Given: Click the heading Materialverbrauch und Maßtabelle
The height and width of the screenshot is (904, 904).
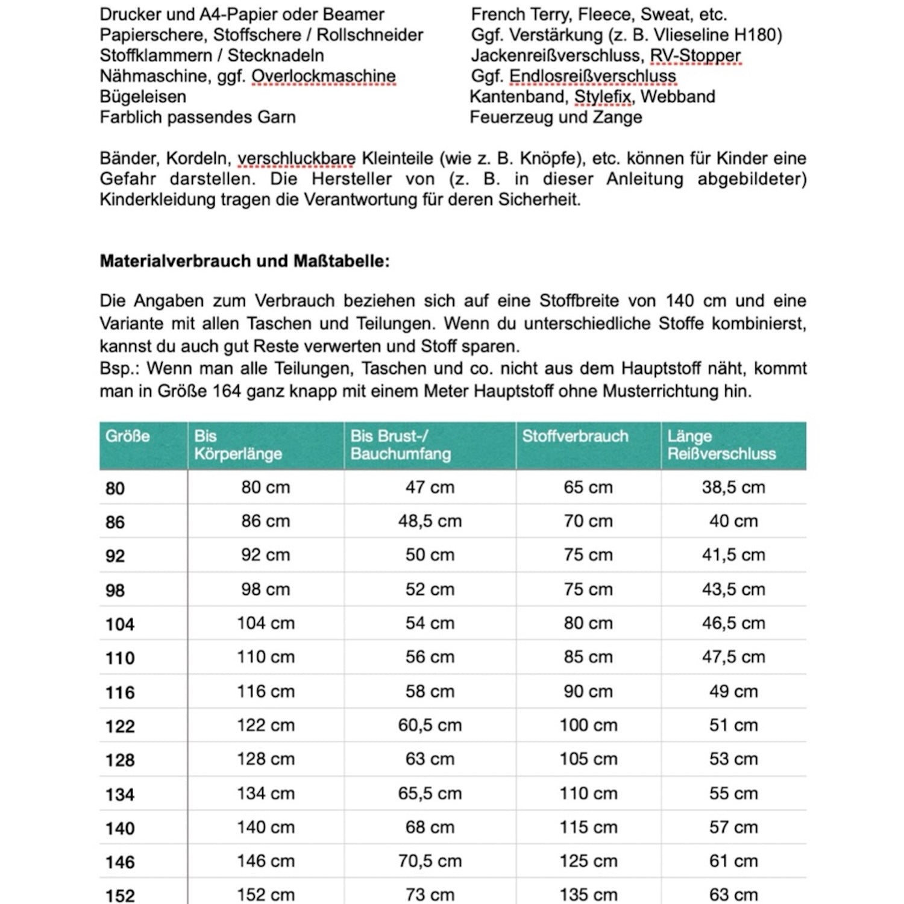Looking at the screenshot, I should tap(245, 261).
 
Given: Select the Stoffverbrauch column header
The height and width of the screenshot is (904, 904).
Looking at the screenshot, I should tap(575, 436).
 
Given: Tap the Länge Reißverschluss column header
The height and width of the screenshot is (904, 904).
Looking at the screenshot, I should tap(721, 445).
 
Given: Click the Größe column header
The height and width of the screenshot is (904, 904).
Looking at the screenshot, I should tap(128, 436).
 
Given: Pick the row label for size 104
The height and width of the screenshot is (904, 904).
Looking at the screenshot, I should tap(120, 624).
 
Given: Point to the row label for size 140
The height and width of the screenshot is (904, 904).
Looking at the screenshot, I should tap(120, 828).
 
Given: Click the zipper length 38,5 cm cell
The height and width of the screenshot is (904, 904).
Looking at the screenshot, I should tap(733, 487).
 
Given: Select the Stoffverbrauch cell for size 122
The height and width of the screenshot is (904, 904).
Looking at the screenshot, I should tap(588, 725).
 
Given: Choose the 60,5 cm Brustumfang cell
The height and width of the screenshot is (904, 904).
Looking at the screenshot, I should tap(430, 725).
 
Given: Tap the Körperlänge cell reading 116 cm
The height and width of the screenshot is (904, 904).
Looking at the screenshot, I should tap(266, 691).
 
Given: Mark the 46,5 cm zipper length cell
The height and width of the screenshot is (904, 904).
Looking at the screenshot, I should tap(733, 623).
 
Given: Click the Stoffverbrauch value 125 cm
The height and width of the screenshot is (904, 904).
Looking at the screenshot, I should tap(588, 861).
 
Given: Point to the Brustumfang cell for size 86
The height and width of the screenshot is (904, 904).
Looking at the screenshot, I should tap(430, 521).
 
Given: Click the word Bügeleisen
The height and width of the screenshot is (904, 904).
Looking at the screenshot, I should tap(143, 96).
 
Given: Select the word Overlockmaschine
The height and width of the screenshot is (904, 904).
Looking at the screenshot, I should tap(324, 77).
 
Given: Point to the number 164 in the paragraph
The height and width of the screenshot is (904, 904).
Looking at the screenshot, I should tap(226, 391).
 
